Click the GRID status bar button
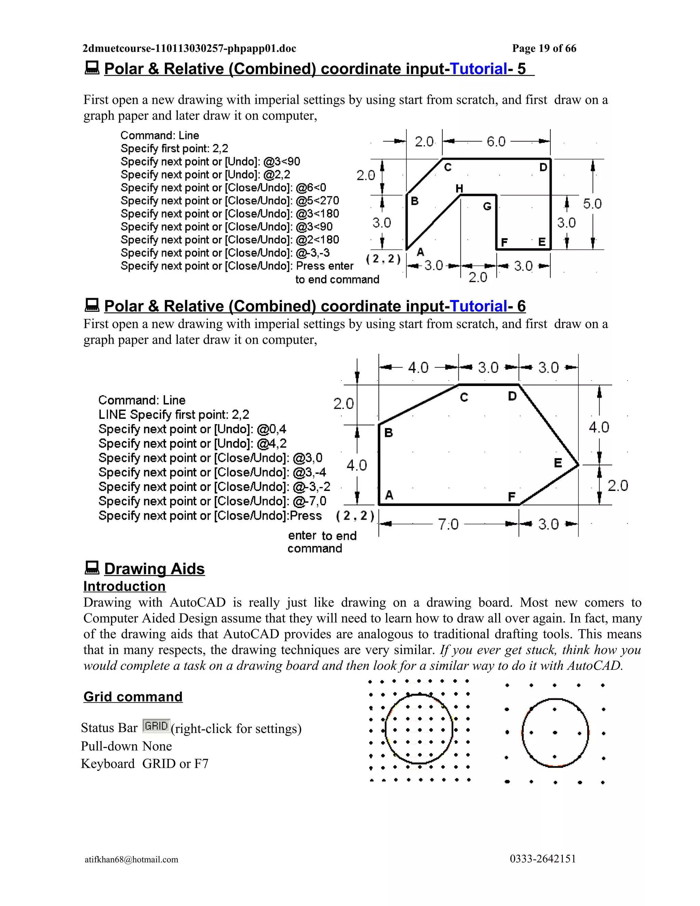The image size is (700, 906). (x=156, y=725)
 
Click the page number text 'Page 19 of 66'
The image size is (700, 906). (x=544, y=49)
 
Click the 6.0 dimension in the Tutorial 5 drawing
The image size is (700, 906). (x=496, y=142)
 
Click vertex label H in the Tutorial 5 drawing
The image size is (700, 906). (x=459, y=189)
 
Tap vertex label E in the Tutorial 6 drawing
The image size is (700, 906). (x=558, y=463)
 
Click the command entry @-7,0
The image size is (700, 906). (x=309, y=501)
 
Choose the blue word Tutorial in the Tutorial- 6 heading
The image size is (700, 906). (x=478, y=306)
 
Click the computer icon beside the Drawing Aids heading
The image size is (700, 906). (x=92, y=568)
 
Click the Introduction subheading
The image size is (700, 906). (x=124, y=586)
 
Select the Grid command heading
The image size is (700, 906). (x=133, y=696)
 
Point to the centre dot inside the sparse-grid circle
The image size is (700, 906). (x=555, y=733)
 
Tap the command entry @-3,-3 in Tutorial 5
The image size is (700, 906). (x=313, y=253)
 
